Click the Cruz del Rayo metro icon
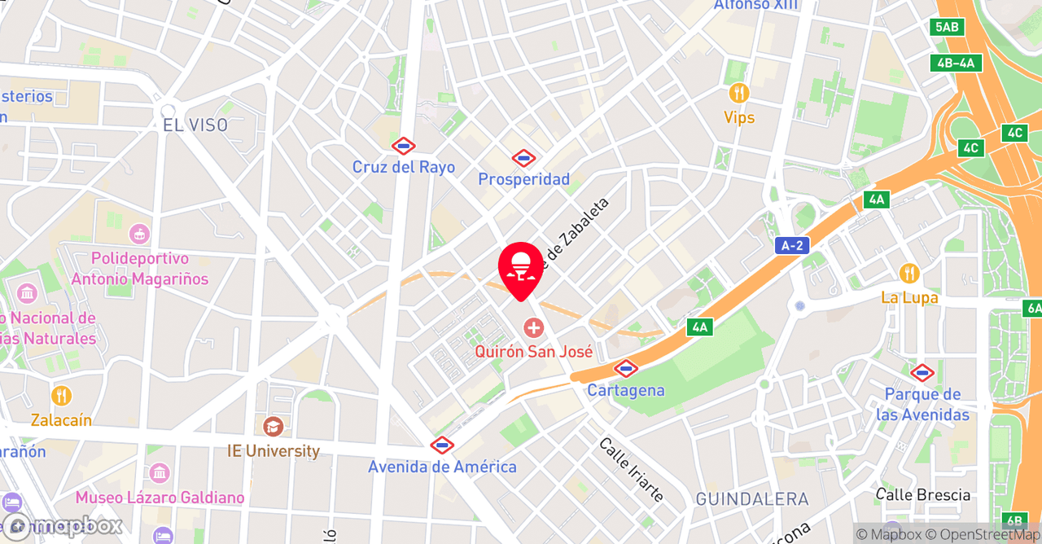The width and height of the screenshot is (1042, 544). click(x=403, y=147)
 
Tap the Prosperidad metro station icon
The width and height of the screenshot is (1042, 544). click(x=523, y=158)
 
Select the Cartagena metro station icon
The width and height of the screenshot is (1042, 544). click(x=625, y=368)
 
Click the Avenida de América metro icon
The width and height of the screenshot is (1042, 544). click(x=441, y=445)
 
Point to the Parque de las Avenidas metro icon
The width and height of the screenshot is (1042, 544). click(x=922, y=373)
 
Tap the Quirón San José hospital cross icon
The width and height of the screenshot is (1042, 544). click(x=533, y=328)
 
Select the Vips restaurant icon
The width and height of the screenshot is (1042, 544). click(x=739, y=93)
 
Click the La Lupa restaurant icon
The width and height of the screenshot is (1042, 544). click(x=909, y=274)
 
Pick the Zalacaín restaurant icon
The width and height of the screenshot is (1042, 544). click(x=61, y=396)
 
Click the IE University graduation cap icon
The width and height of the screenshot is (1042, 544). click(x=273, y=426)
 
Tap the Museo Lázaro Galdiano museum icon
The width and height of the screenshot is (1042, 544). click(x=160, y=472)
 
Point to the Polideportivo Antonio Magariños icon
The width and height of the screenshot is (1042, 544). click(x=139, y=235)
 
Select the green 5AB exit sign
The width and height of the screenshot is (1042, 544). click(x=947, y=27)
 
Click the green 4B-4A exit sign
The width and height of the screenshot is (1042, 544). click(x=956, y=63)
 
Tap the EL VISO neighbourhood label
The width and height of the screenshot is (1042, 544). click(x=195, y=125)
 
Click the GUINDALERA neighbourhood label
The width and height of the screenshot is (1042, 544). click(x=752, y=499)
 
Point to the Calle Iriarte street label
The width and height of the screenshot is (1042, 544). click(x=631, y=469)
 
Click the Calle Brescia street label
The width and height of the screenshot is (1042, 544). click(x=923, y=495)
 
